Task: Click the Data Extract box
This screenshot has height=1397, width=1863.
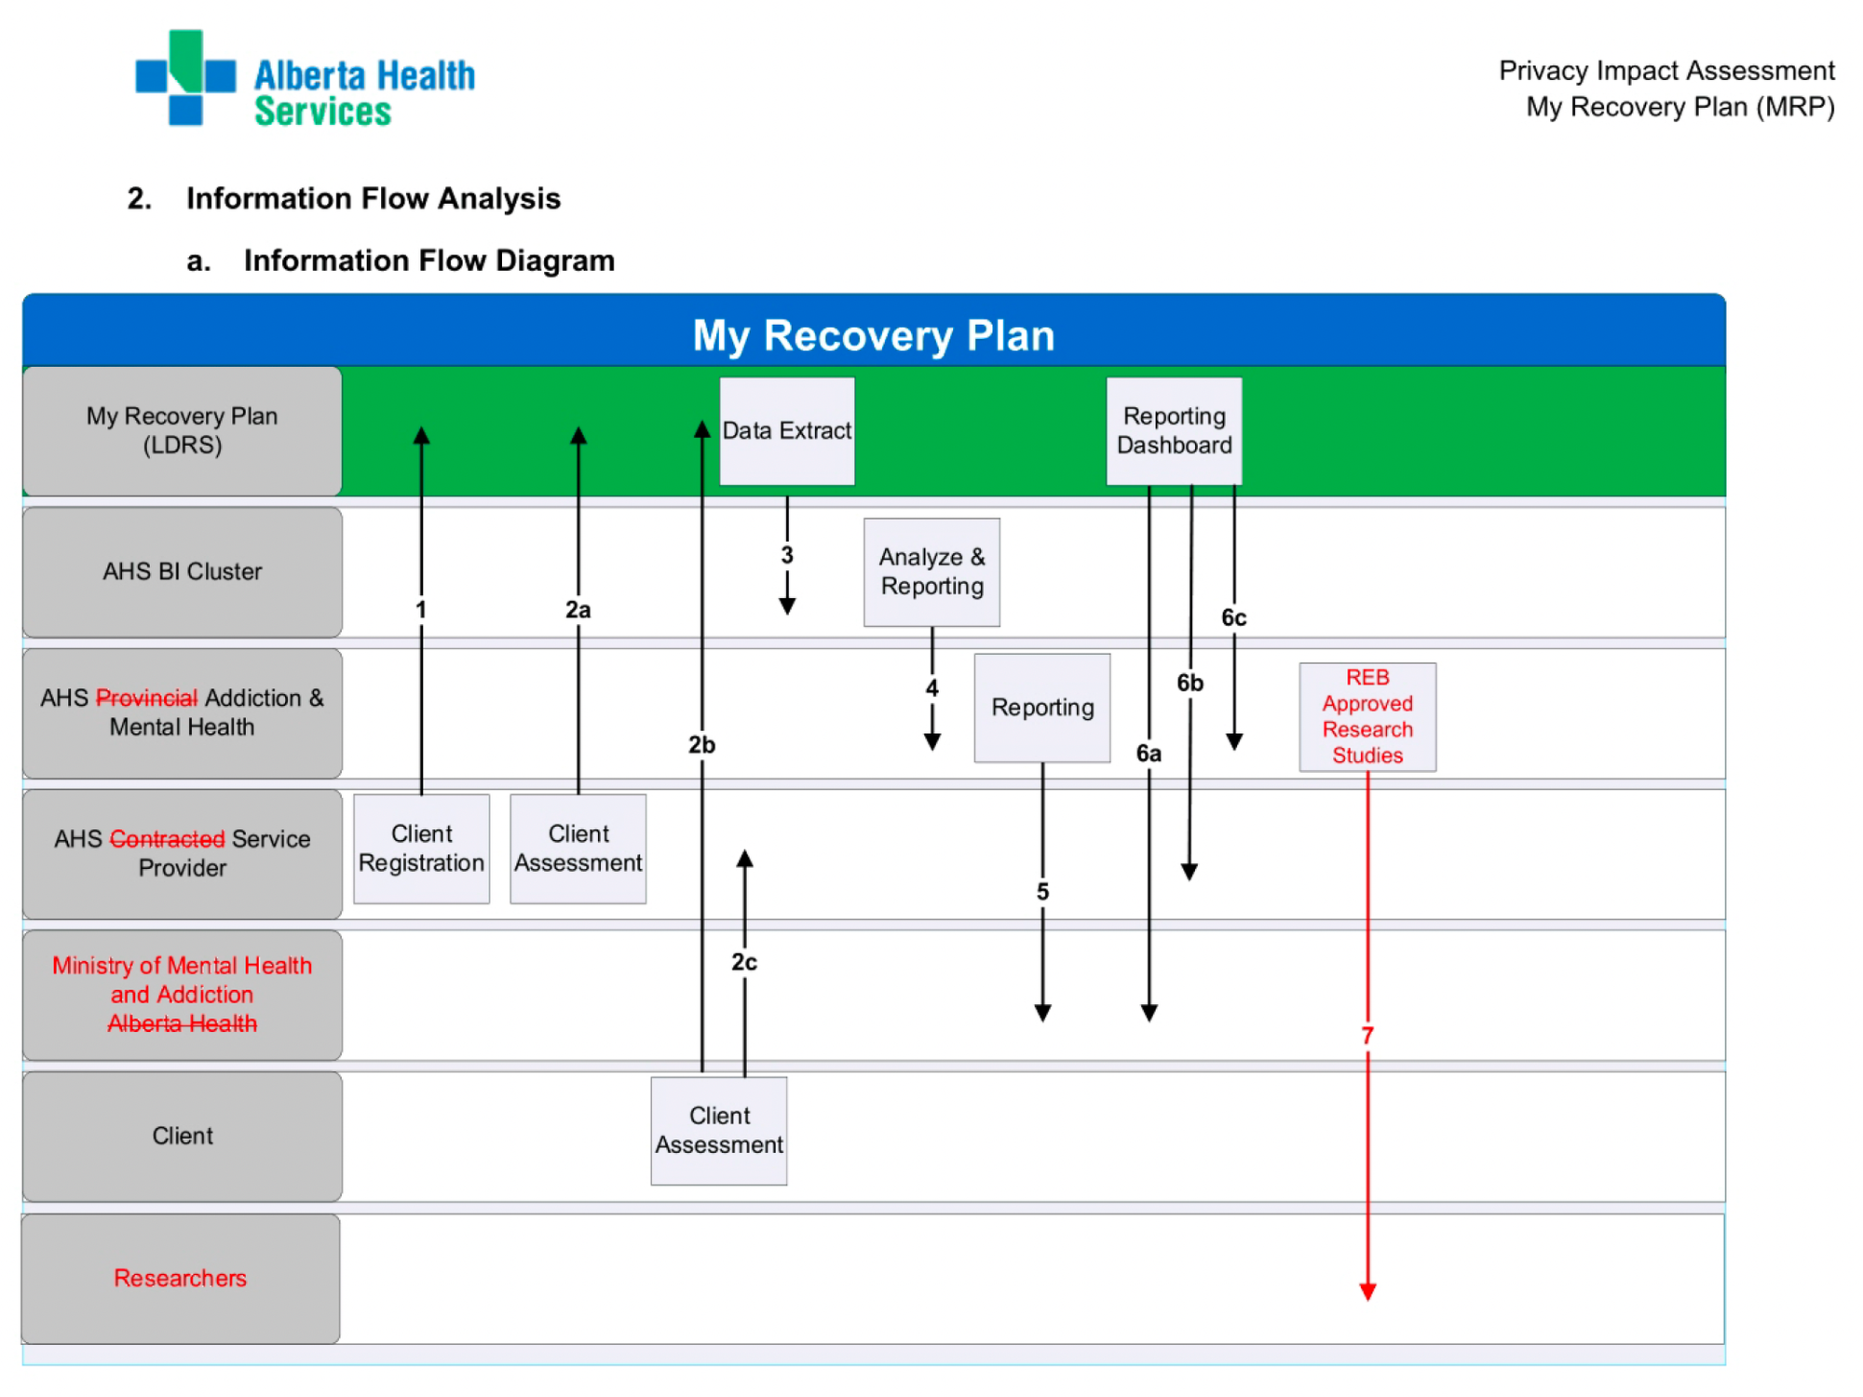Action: click(786, 430)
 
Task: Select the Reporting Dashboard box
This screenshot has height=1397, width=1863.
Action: click(1174, 430)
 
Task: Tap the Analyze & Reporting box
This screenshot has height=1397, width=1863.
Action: click(931, 571)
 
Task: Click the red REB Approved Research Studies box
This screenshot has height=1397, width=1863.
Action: click(1367, 716)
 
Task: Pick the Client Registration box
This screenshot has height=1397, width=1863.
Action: click(421, 848)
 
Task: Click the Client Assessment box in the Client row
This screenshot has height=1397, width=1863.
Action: click(718, 1130)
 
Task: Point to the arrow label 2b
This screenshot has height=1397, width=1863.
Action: click(701, 745)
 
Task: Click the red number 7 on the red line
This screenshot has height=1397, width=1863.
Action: click(1367, 1036)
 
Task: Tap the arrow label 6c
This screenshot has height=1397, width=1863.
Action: click(1233, 617)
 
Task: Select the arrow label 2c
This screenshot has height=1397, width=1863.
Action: click(743, 962)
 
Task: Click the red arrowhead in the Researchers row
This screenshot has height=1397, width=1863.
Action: click(1367, 1292)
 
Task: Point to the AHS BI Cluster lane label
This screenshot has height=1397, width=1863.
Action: click(183, 571)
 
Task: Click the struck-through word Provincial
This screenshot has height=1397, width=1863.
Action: click(146, 698)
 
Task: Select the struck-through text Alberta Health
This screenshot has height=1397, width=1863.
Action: click(183, 1024)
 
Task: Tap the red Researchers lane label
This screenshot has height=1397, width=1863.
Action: click(181, 1278)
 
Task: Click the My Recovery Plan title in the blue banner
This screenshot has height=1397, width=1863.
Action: click(873, 335)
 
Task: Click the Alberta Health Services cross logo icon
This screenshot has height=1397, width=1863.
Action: click(185, 76)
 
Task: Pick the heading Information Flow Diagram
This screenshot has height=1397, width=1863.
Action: click(428, 261)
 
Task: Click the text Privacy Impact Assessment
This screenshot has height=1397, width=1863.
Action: click(1666, 71)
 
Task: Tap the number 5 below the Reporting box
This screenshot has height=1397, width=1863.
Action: click(1042, 891)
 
